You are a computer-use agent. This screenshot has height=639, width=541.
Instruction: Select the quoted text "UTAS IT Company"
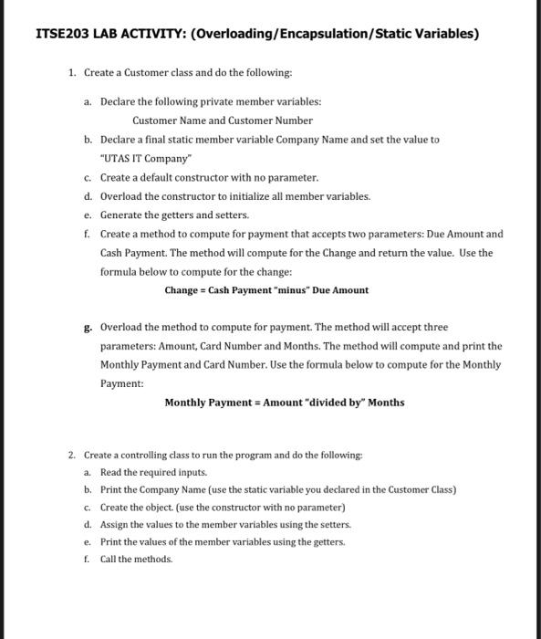point(140,158)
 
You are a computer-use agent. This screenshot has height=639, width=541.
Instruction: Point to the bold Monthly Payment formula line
point(284,403)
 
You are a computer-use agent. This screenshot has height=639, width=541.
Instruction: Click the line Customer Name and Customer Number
point(223,120)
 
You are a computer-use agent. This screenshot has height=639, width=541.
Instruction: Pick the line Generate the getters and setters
point(174,215)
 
